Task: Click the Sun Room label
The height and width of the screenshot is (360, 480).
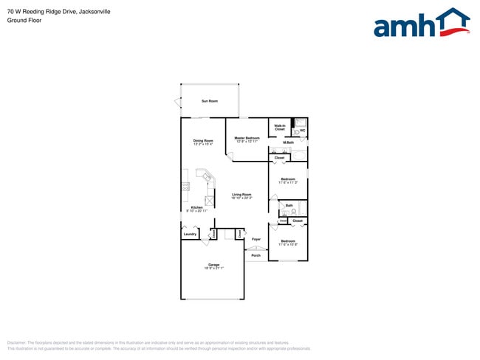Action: click(x=210, y=101)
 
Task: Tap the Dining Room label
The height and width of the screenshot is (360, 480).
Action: click(x=203, y=140)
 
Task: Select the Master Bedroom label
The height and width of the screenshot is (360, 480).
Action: click(x=247, y=137)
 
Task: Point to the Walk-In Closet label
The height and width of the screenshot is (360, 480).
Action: click(x=279, y=127)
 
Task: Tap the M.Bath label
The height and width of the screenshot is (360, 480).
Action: click(x=289, y=142)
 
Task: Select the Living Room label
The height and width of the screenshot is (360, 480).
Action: click(x=241, y=195)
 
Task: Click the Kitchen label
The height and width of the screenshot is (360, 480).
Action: click(x=196, y=207)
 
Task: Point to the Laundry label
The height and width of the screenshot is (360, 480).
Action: click(x=190, y=235)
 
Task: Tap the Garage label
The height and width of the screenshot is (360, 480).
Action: click(x=213, y=264)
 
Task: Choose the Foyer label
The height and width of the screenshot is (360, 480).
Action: click(x=256, y=239)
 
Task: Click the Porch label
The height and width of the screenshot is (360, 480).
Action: click(x=256, y=255)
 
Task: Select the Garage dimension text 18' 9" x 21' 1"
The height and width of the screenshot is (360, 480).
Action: click(x=213, y=268)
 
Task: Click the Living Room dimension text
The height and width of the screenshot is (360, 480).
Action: click(x=241, y=198)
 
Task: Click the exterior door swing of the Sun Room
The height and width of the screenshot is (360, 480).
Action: click(x=177, y=101)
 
